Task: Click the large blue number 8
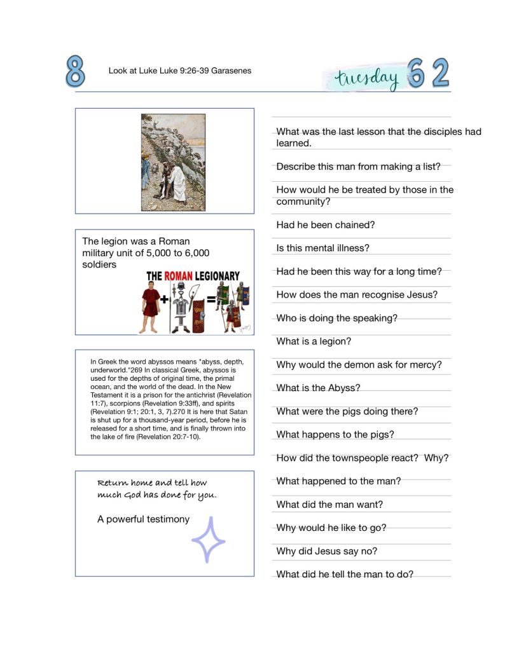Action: point(75,71)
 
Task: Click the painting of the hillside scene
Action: point(173,162)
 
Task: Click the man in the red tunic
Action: point(150,305)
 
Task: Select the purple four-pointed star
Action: point(209,539)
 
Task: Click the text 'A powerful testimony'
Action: point(143,519)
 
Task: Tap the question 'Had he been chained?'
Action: point(326,225)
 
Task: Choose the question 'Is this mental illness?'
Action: point(322,248)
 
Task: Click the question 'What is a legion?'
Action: point(314,341)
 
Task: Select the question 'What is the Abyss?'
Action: point(318,388)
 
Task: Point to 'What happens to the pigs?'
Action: point(335,435)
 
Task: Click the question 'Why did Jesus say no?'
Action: point(327,551)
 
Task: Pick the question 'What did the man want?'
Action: point(329,505)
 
